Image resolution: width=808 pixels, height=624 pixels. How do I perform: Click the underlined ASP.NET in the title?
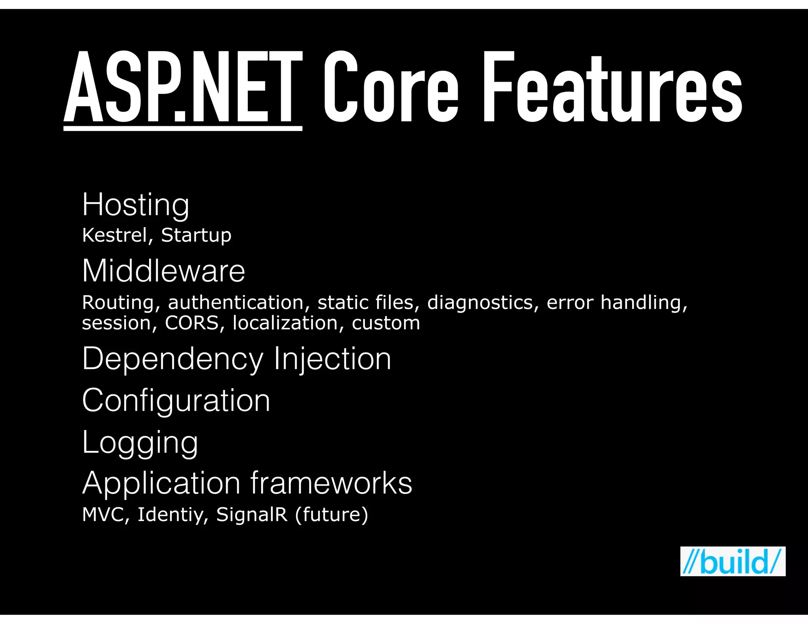[x=183, y=89]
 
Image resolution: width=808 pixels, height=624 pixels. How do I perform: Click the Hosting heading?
[x=136, y=205]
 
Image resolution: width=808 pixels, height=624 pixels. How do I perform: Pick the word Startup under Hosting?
[x=196, y=235]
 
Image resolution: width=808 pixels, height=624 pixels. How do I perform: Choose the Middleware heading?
[x=163, y=271]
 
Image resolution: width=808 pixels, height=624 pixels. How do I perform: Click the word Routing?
[x=118, y=303]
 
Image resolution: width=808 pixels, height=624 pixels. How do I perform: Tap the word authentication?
[x=236, y=303]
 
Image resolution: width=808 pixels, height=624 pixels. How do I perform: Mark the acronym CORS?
[x=191, y=323]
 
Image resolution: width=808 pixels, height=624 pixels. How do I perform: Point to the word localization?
[x=285, y=323]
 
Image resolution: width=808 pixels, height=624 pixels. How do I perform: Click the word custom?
[x=386, y=323]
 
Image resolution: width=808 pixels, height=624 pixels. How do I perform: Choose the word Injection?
[x=332, y=359]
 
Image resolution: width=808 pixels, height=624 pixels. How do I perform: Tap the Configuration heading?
[x=176, y=400]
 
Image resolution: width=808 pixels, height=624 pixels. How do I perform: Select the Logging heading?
[x=140, y=443]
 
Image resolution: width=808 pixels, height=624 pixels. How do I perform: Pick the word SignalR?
[x=252, y=514]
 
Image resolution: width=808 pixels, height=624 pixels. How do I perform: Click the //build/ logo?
[x=733, y=561]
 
